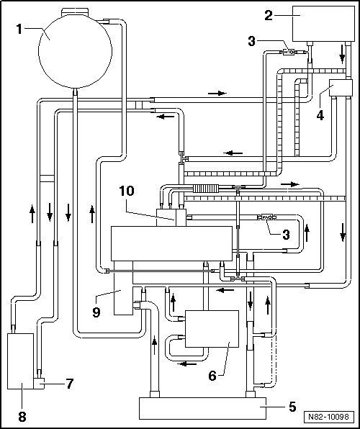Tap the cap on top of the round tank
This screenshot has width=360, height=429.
pyautogui.click(x=73, y=10)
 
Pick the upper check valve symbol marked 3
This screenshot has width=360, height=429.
pyautogui.click(x=289, y=51)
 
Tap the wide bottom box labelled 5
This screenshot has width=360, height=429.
pyautogui.click(x=202, y=408)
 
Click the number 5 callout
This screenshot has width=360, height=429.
pyautogui.click(x=292, y=406)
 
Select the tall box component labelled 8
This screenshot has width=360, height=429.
pyautogui.click(x=20, y=357)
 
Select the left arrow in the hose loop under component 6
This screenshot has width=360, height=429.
pyautogui.click(x=188, y=363)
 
